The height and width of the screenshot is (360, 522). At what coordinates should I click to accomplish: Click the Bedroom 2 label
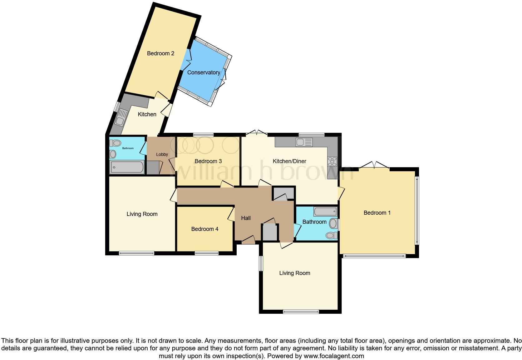pos(160,53)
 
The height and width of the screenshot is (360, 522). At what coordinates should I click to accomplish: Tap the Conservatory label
pos(204,72)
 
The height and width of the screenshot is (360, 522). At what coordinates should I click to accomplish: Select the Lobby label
pos(162,154)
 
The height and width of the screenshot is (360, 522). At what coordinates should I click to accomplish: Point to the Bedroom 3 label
pos(208,161)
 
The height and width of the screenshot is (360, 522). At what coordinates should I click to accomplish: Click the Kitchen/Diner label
pos(289,161)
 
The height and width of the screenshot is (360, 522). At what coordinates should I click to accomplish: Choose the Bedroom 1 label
pos(377,213)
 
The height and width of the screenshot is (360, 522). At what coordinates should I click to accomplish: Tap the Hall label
pos(246,218)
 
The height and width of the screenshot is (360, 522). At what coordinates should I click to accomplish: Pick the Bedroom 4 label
pos(204,229)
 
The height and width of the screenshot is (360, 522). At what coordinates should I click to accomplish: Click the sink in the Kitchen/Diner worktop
pos(304,142)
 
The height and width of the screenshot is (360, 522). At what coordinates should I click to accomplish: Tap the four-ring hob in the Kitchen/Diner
pos(332,161)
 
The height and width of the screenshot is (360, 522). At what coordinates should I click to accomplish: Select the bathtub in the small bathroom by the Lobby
pos(127,167)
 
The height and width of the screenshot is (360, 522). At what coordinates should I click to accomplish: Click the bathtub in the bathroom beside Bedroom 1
pos(325,212)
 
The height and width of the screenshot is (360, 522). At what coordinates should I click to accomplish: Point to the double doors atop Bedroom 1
pos(374,165)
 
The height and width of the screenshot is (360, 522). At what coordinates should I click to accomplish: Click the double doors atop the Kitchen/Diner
pos(257,133)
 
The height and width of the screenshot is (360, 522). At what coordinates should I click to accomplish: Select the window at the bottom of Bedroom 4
pos(206,253)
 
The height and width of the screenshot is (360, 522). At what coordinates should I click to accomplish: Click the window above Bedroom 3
pos(203,135)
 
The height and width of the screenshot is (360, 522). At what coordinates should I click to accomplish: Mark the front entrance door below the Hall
pos(248,241)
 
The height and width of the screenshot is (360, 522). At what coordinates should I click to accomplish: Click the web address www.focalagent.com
pos(333,356)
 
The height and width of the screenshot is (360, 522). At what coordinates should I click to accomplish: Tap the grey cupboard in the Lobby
pos(153,168)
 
